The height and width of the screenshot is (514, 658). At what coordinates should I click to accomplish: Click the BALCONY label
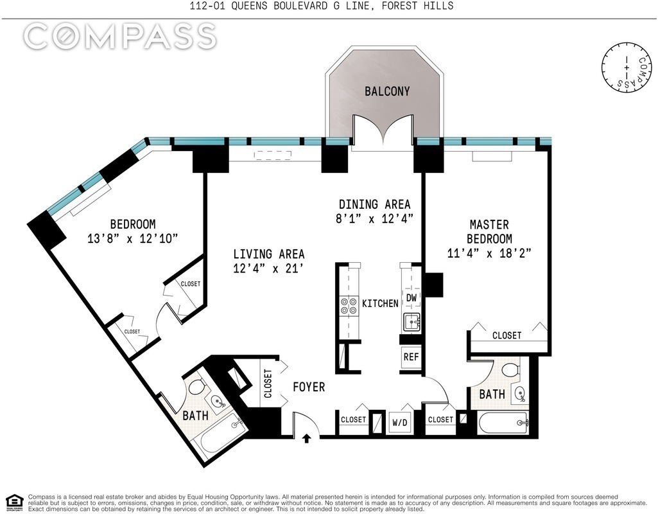pyautogui.click(x=387, y=91)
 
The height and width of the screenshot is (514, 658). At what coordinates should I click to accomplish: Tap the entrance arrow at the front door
pyautogui.click(x=307, y=439)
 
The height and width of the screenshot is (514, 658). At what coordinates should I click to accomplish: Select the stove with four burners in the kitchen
pyautogui.click(x=349, y=306)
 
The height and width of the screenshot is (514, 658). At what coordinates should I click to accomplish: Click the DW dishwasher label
pyautogui.click(x=411, y=297)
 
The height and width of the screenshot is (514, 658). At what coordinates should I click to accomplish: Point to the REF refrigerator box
pyautogui.click(x=411, y=357)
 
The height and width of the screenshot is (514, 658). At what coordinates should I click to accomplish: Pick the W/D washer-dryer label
pyautogui.click(x=399, y=423)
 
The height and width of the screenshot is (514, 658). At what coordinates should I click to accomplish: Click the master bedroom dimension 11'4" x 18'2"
pyautogui.click(x=489, y=254)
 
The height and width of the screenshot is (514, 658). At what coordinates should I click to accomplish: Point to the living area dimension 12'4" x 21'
pyautogui.click(x=268, y=269)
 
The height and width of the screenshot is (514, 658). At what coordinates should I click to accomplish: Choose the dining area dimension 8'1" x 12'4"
pyautogui.click(x=375, y=218)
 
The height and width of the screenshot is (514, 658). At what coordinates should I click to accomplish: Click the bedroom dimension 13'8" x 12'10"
pyautogui.click(x=133, y=238)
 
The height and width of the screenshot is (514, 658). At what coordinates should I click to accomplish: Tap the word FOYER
pyautogui.click(x=309, y=387)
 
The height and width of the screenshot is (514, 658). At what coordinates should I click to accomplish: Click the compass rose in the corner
pyautogui.click(x=627, y=67)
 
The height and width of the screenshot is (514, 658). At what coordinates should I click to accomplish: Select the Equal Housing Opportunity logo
pyautogui.click(x=15, y=502)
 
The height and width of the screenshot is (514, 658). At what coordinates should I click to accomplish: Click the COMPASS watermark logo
pyautogui.click(x=120, y=36)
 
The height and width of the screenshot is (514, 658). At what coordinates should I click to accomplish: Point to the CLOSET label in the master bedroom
pyautogui.click(x=507, y=335)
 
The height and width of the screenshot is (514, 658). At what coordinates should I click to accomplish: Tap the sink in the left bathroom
pyautogui.click(x=218, y=402)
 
